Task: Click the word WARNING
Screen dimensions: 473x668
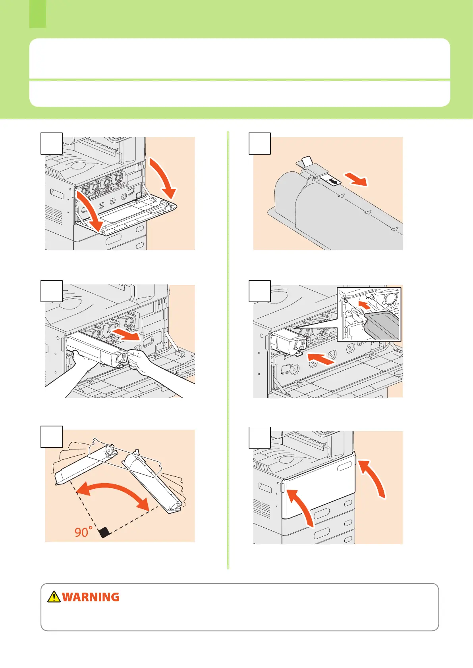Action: [91, 597]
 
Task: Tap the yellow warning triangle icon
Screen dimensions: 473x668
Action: [54, 597]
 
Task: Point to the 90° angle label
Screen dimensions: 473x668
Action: [83, 532]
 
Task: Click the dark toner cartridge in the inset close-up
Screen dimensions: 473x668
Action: [381, 324]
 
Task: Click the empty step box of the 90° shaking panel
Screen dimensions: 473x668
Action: [52, 437]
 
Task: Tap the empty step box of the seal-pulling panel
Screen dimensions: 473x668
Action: [260, 143]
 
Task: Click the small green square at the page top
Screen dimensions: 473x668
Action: [38, 14]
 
